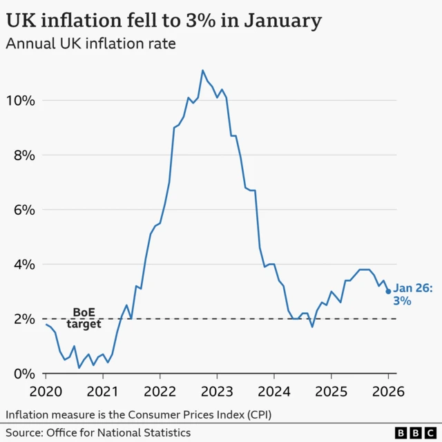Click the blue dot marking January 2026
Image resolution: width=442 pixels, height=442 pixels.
pos(388,291)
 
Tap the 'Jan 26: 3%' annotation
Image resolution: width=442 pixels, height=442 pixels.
pos(413,295)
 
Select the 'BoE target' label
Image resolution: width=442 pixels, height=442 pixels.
pos(84,318)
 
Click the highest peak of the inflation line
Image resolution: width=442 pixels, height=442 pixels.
pos(202,70)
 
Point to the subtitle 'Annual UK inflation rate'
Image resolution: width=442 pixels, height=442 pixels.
pos(90,45)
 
